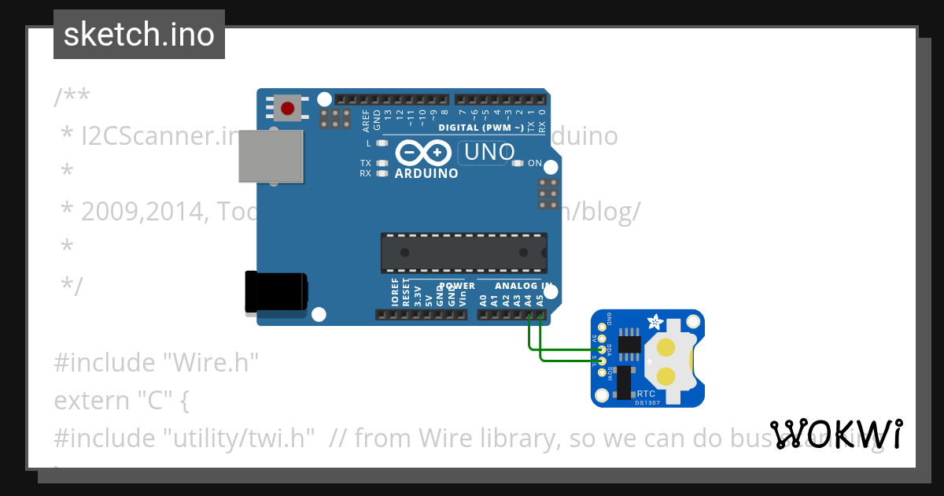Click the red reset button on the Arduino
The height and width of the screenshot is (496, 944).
[x=288, y=108]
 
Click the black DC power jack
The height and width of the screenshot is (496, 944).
[x=275, y=291]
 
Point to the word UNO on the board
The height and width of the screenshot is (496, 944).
[x=489, y=152]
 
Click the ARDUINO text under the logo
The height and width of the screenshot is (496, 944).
[x=426, y=173]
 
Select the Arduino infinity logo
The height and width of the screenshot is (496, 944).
[x=424, y=152]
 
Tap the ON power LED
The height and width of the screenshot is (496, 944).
[x=518, y=163]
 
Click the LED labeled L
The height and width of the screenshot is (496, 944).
[x=382, y=143]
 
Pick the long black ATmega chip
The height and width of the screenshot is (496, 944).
[x=463, y=253]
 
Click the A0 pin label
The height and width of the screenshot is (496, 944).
[x=483, y=300]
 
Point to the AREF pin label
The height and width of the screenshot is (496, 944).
[x=366, y=120]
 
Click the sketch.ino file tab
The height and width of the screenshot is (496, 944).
[x=139, y=35]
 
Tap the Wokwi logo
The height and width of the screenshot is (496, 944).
[x=836, y=435]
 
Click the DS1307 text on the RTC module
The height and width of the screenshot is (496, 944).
[x=646, y=403]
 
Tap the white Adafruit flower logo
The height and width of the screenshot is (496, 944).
[x=654, y=321]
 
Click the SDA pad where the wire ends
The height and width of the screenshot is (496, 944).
[x=603, y=349]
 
